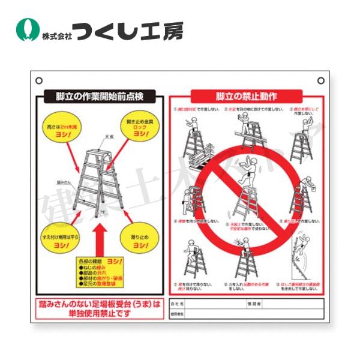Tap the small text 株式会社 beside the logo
pos(57,35)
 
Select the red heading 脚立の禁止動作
pos(247,96)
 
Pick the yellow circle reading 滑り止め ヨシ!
pos(140,241)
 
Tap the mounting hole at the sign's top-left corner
pos(39,80)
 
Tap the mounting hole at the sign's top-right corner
pos(320,80)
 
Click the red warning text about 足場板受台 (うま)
pos(100,308)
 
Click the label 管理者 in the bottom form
pos(251,304)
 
